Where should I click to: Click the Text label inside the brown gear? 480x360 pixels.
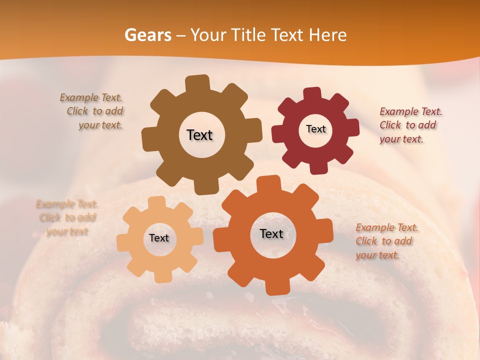point(199,135)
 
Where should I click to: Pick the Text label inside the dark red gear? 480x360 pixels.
point(315,129)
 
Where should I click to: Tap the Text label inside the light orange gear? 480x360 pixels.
point(159,238)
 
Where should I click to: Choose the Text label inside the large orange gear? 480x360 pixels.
point(271,233)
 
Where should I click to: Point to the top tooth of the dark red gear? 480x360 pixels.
point(312,94)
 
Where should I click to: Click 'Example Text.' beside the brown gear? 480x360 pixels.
point(91,98)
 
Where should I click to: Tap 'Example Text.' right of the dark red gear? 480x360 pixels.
point(411,111)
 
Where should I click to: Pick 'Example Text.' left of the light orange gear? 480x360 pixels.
point(67,204)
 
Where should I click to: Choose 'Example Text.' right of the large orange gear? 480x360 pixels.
point(387,228)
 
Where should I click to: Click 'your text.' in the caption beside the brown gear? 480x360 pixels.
point(100,125)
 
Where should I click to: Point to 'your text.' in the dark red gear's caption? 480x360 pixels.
point(401,139)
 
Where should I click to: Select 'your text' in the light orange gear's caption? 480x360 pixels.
point(67,231)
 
